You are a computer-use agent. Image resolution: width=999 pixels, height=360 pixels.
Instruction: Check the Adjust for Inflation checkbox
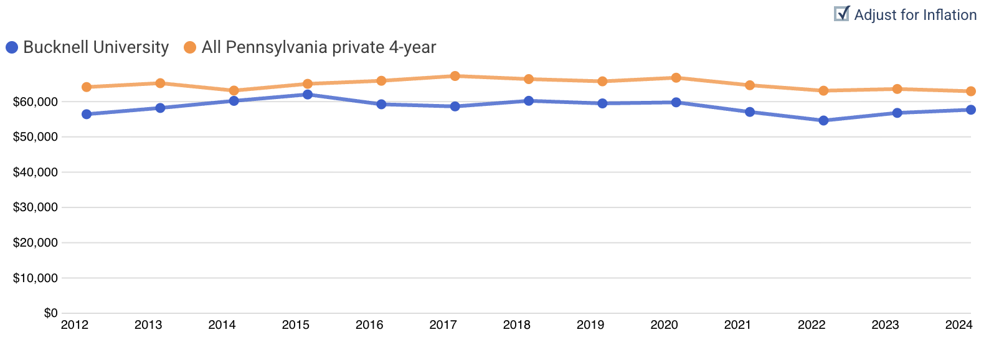(x=841, y=14)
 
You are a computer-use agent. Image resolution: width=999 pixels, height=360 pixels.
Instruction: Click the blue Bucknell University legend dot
(x=12, y=47)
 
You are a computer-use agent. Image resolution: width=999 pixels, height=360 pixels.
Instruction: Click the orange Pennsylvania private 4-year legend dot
(x=190, y=47)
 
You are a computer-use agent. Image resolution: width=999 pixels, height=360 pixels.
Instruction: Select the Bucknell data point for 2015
(x=308, y=95)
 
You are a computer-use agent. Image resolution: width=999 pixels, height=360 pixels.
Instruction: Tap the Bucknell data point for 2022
(x=823, y=120)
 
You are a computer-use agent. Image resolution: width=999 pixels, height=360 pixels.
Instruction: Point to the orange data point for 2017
(x=455, y=76)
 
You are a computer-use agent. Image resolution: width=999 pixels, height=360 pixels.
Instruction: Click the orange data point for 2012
(x=87, y=87)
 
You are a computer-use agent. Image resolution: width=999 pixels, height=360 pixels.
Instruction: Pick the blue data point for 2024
(x=970, y=110)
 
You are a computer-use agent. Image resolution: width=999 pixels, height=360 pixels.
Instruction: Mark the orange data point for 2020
(x=676, y=78)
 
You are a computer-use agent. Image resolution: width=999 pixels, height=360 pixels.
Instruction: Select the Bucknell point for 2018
(x=529, y=101)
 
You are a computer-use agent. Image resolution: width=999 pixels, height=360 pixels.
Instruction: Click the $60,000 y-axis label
(x=36, y=102)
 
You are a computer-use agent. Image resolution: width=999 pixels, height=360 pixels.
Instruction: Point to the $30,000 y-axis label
(x=36, y=207)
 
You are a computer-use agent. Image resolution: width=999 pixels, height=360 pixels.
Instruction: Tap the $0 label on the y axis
(x=50, y=313)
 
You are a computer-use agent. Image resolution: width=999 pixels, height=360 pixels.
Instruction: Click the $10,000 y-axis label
(x=36, y=278)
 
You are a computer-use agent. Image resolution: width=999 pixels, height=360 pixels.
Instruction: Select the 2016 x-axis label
(x=369, y=325)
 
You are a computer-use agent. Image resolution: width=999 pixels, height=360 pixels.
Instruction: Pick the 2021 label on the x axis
(x=737, y=325)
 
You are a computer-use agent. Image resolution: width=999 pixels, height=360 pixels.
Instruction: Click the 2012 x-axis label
(x=75, y=325)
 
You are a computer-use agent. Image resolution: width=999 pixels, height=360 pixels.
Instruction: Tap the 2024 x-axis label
(x=959, y=325)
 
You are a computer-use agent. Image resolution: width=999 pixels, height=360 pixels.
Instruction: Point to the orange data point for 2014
(x=234, y=90)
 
